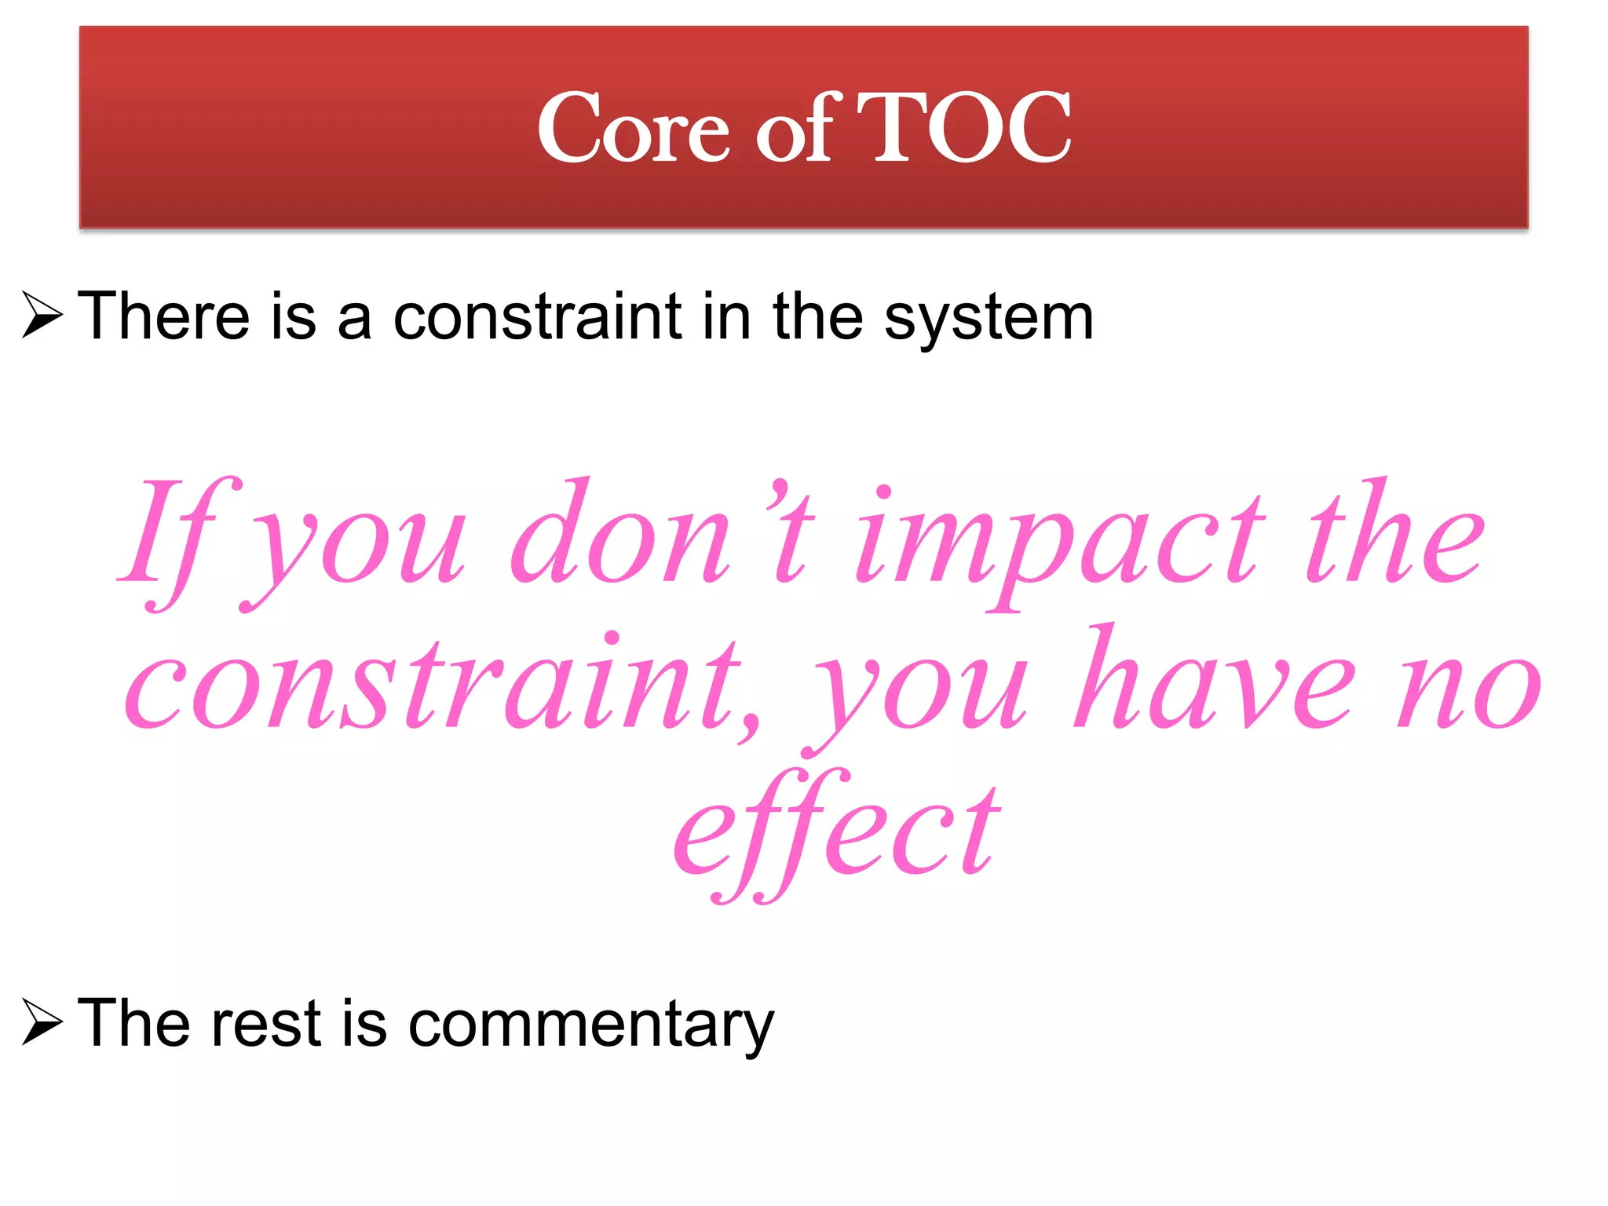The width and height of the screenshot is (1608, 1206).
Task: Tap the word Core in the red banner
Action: pos(633,129)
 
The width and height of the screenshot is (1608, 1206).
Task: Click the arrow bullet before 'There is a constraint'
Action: pos(42,315)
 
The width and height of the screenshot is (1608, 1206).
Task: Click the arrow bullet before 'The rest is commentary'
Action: pos(42,1022)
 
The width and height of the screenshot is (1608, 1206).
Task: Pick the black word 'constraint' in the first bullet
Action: pos(537,316)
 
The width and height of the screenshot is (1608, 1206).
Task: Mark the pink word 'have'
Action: pos(1214,679)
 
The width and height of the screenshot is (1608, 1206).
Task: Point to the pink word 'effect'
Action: pos(837,832)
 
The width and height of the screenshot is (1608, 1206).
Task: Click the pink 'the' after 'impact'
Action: pos(1394,534)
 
